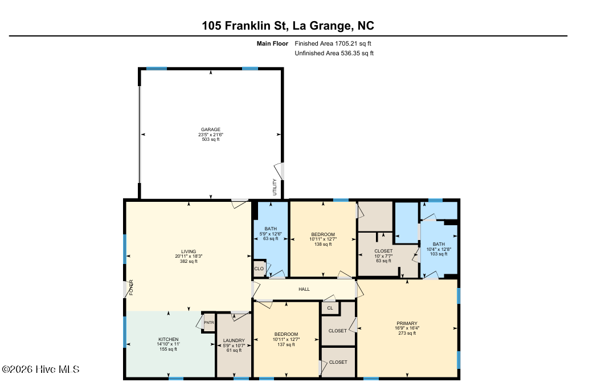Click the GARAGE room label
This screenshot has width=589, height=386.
(210, 129)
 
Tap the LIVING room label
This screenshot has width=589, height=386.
(189, 251)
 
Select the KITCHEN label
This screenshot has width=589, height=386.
(168, 339)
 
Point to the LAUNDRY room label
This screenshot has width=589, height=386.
(234, 340)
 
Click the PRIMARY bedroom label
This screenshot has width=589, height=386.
(407, 323)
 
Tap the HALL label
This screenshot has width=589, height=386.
(304, 289)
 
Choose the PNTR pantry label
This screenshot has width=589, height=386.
(209, 323)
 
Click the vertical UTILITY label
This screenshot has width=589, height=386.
(275, 187)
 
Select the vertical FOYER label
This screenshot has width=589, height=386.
(131, 287)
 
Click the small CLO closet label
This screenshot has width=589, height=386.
(259, 269)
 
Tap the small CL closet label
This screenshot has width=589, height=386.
(330, 308)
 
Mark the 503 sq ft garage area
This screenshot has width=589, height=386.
(211, 140)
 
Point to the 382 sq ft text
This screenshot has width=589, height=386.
(189, 261)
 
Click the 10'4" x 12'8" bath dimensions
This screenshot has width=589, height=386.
(439, 249)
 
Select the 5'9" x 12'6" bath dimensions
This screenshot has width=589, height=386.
(271, 233)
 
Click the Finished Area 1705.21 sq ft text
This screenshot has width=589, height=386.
(333, 43)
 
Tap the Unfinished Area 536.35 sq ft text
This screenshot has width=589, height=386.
(334, 54)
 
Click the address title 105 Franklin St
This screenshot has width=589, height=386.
(245, 26)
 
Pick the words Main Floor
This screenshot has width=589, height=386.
(272, 43)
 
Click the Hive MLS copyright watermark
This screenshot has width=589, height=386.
(40, 369)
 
